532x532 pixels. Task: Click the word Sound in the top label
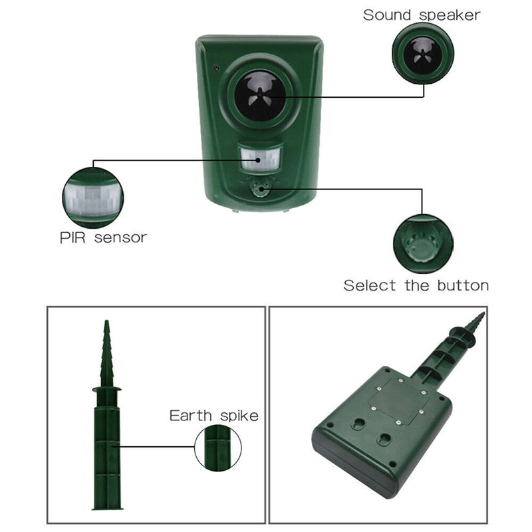coord(387,15)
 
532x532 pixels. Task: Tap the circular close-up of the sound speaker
coord(423,54)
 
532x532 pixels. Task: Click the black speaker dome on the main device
coord(260,95)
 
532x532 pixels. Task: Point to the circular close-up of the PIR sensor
coord(92,198)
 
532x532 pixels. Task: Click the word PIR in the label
coord(72,237)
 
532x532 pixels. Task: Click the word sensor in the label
coord(120,238)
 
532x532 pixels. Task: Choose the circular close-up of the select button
coord(423,243)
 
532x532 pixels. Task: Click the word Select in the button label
coord(370,285)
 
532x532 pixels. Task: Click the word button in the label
coord(463,285)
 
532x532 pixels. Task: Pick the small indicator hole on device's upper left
coord(215,68)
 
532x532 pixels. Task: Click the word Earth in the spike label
coord(190,416)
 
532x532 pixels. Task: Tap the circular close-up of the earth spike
coord(218,448)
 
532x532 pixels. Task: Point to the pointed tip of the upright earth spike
coord(106,321)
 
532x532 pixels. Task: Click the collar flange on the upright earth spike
coord(106,389)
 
